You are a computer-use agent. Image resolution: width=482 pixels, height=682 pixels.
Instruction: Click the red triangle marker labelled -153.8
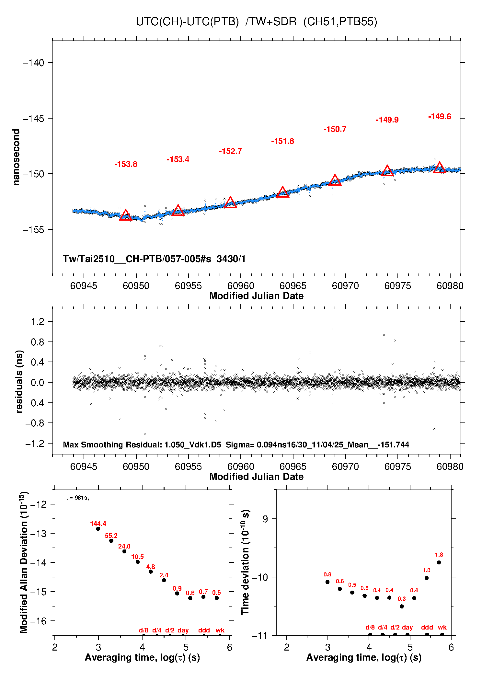coord(126,215)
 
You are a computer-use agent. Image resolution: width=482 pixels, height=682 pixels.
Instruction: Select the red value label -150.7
coord(335,129)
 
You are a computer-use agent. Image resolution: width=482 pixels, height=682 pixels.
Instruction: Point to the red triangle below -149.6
coord(440,168)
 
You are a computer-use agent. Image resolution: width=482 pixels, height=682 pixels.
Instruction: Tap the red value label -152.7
coord(230,151)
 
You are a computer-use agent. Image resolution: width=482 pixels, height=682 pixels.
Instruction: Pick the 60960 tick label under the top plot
coord(241,286)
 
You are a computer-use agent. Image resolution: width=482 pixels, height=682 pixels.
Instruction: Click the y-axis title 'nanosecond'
coord(16,157)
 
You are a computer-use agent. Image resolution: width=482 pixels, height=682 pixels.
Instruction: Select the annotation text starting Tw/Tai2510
coord(154,259)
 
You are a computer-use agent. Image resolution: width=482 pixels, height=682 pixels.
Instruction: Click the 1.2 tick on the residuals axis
coord(38,322)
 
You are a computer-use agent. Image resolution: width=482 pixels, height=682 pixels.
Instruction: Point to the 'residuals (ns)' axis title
coord(19,381)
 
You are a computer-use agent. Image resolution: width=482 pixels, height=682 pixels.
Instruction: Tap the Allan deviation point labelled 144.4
coord(98,529)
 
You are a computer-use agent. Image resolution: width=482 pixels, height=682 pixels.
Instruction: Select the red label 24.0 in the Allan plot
coord(124,546)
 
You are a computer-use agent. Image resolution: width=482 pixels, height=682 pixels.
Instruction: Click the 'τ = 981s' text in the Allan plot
coord(77,498)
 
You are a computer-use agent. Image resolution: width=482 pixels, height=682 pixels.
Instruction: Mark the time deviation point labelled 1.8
coord(439,562)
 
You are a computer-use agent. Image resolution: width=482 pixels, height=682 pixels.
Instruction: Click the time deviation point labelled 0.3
coord(402,607)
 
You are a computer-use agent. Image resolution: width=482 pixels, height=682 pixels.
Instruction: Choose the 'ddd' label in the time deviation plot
coord(427,627)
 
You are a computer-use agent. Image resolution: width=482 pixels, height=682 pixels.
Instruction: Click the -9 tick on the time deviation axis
coord(263,519)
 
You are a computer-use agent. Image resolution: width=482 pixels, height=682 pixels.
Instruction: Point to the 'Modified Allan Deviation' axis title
coord(24,562)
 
